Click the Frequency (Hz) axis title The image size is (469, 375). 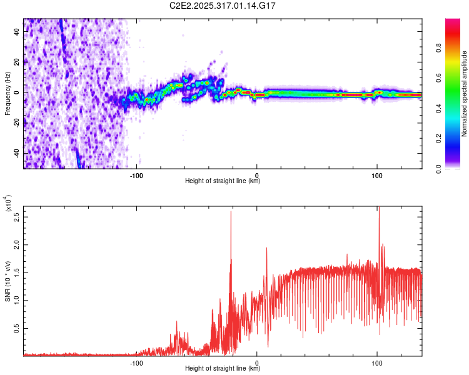7,94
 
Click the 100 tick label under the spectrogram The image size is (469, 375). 377,175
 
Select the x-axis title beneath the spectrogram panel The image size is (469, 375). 223,181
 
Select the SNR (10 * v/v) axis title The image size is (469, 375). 7,281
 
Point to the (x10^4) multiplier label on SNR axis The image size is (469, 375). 8,204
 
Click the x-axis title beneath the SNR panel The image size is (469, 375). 223,369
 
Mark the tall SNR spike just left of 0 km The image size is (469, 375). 231,212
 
